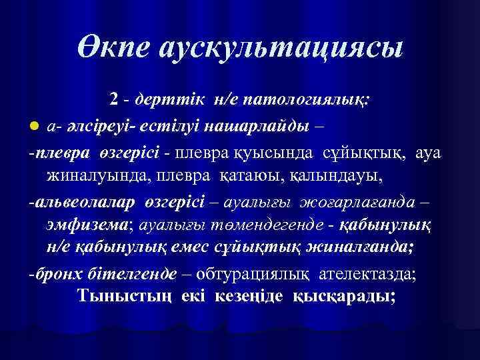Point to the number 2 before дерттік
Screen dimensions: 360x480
coord(115,99)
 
